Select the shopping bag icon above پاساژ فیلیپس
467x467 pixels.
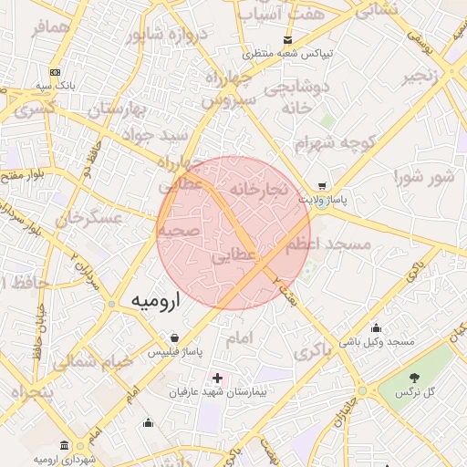pos(174,337)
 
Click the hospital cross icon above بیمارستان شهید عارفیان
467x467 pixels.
pos(217,378)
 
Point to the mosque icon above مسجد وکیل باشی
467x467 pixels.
pos(377,327)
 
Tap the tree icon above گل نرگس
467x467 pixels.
pos(415,378)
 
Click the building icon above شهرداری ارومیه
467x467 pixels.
pos(63,445)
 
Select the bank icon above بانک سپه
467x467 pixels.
pos(55,72)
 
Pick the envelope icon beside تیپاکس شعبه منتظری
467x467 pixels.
pos(288,40)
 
